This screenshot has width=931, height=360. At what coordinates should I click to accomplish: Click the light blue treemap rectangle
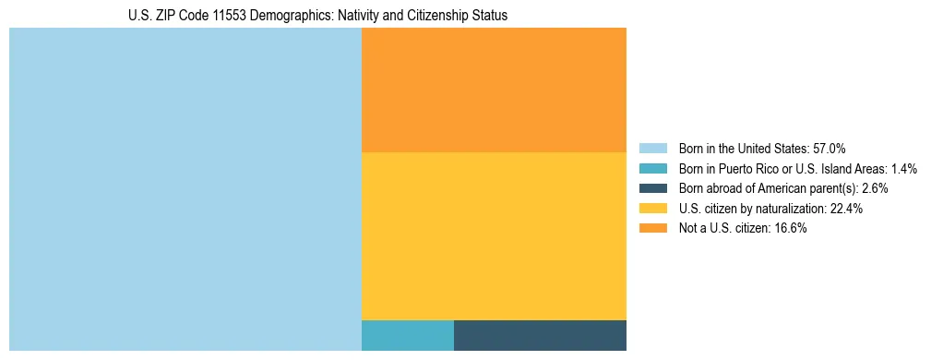tap(185, 189)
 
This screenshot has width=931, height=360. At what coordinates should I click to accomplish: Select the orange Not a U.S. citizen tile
tap(494, 90)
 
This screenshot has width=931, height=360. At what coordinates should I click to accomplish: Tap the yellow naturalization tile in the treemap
tap(494, 235)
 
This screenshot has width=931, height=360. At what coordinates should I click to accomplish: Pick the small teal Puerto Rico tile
tap(407, 335)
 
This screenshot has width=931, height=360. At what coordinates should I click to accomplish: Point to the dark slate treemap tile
tap(540, 335)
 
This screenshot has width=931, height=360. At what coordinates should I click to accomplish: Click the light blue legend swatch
tap(652, 149)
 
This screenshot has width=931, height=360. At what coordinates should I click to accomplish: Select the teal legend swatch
tap(652, 169)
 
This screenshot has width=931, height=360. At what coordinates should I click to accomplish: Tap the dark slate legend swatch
tap(652, 188)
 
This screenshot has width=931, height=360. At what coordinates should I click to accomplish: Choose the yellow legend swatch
tap(652, 209)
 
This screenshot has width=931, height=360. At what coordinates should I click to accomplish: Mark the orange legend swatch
tap(652, 229)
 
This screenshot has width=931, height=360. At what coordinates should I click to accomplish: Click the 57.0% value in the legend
tap(829, 149)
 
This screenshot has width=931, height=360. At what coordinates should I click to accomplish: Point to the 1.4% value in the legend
tap(903, 169)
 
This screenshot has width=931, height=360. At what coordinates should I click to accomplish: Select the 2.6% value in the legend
tap(874, 188)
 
